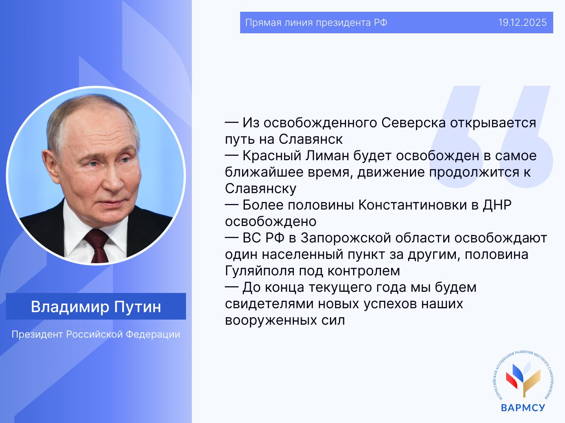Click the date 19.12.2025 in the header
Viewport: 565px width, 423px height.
pyautogui.click(x=523, y=23)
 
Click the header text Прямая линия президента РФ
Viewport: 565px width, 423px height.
pyautogui.click(x=316, y=23)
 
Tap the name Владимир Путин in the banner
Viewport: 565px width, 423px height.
pyautogui.click(x=96, y=307)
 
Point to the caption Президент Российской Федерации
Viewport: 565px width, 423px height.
pyautogui.click(x=96, y=334)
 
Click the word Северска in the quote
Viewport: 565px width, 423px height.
pyautogui.click(x=414, y=123)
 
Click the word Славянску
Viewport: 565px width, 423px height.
pyautogui.click(x=261, y=189)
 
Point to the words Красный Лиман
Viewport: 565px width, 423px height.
pyautogui.click(x=296, y=155)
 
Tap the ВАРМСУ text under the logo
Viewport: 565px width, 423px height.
pyautogui.click(x=523, y=407)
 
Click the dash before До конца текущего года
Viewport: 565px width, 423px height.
pyautogui.click(x=231, y=287)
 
